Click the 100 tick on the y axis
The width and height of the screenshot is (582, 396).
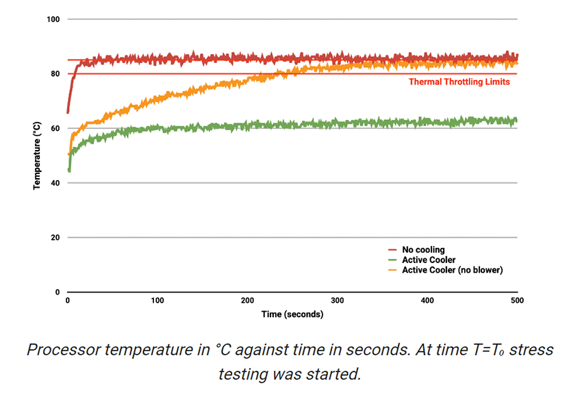coord(53,19)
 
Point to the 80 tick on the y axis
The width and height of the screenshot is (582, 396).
coord(55,74)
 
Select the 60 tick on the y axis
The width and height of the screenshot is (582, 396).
coord(55,129)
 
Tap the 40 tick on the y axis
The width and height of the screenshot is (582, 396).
coord(55,183)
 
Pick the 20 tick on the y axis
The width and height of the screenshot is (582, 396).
coord(55,238)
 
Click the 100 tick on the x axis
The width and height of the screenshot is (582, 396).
coord(157,301)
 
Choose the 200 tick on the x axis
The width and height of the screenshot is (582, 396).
coord(247,301)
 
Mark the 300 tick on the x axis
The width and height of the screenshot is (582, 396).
coord(338,301)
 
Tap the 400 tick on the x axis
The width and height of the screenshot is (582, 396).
coord(427,301)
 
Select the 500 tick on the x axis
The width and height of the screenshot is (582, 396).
coord(517,301)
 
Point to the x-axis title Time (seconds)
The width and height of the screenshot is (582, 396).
coord(292,314)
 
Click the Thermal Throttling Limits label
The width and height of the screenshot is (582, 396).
coord(459,82)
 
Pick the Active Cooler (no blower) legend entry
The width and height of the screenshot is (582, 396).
coord(453,270)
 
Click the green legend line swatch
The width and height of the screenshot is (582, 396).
coord(392,260)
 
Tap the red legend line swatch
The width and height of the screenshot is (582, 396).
coord(392,250)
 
